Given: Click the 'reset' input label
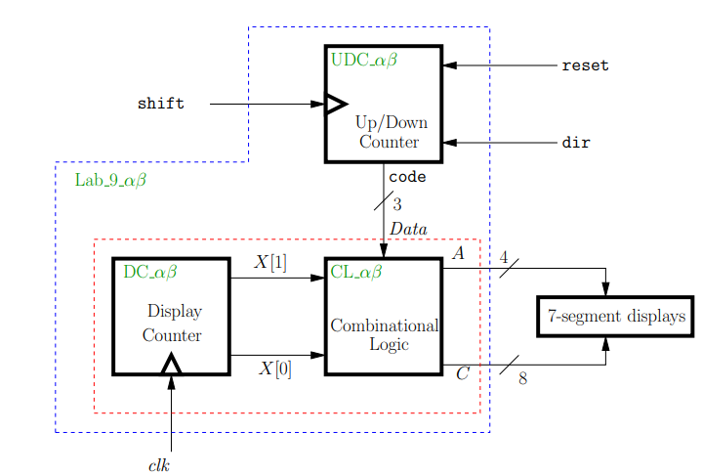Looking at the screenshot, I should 585,65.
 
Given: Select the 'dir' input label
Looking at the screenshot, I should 575,143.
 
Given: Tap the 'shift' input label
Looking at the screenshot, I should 160,104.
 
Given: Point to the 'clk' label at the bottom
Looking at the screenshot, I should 159,465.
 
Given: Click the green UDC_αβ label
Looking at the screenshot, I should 363,60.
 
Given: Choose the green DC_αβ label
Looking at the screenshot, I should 149,271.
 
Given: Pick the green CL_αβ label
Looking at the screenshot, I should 355,271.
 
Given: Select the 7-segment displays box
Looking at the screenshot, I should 615,317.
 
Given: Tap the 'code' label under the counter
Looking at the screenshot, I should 406,178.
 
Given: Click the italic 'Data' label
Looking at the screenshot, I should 408,228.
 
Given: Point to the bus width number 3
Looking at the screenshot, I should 397,204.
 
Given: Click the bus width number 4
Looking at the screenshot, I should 504,258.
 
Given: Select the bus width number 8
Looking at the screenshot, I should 522,379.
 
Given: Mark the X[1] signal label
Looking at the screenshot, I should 270,262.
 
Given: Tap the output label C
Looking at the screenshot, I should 462,373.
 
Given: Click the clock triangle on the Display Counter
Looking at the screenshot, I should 171,365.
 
